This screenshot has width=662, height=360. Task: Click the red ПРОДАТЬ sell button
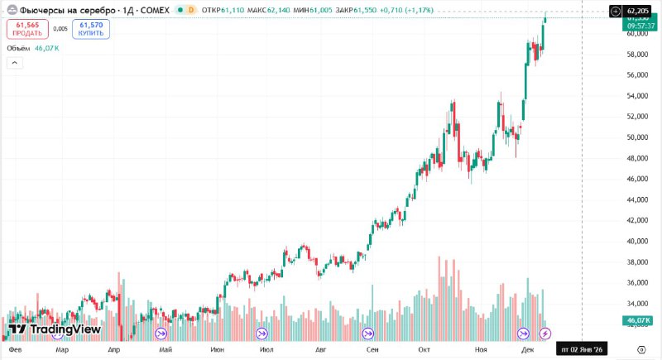27,29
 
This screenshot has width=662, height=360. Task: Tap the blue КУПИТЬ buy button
90,29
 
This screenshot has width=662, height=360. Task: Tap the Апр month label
114,350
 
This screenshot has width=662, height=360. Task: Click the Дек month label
528,350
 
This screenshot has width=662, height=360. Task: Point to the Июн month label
218,350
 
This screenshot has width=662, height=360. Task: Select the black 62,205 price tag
637,10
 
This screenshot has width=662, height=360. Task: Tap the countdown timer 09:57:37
636,26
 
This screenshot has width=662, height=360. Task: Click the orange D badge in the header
192,9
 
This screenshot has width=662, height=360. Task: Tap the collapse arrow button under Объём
16,64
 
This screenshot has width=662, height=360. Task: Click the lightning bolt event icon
544,334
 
